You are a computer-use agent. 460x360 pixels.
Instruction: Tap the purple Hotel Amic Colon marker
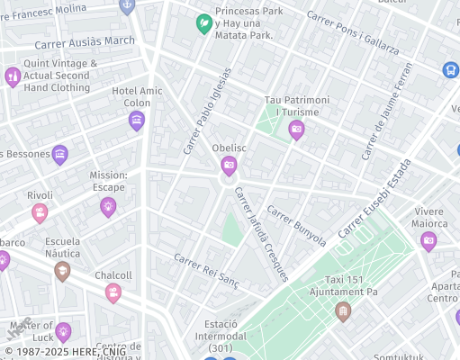click(137, 121)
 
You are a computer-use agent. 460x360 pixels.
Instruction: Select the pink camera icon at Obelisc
click(229, 166)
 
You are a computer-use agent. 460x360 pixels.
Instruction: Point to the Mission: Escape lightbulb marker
click(108, 207)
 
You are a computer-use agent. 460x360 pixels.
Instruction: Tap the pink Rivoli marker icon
click(40, 212)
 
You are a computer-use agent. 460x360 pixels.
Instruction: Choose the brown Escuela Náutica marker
click(62, 271)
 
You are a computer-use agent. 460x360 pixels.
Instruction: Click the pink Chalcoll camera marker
click(113, 292)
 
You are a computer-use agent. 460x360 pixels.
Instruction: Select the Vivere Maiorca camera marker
click(428, 240)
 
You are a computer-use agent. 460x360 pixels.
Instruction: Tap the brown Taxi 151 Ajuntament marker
click(342, 311)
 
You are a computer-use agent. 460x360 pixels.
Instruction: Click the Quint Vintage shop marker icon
click(13, 76)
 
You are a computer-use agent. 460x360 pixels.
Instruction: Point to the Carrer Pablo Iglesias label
click(207, 111)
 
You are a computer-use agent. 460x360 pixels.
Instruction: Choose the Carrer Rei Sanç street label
click(207, 269)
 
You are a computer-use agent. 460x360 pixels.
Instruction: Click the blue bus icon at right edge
click(450, 69)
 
